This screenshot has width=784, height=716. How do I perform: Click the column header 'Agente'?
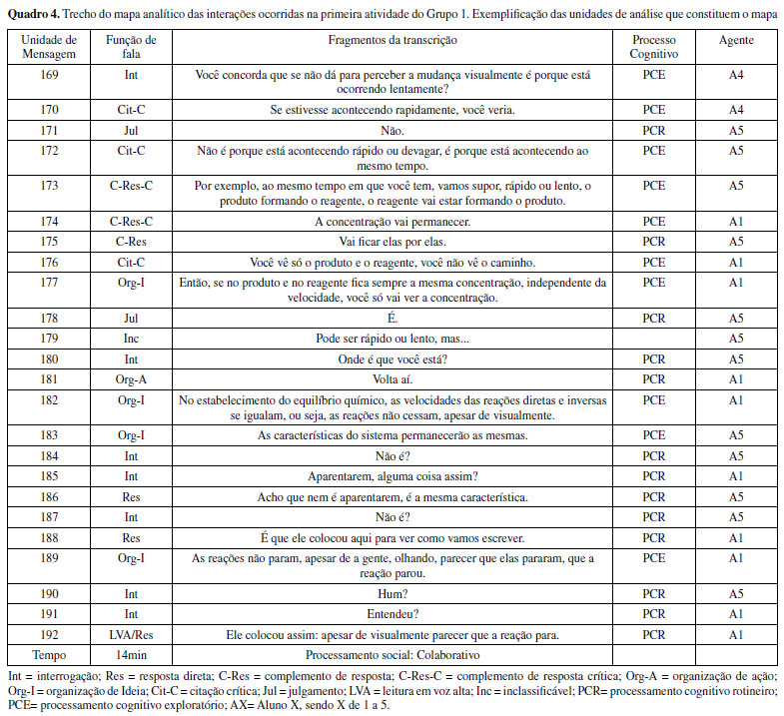tap(736, 40)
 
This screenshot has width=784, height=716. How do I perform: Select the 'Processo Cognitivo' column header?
tap(654, 47)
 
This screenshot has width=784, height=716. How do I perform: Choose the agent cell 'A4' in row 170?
tap(736, 110)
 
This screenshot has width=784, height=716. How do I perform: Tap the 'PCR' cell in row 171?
tap(654, 130)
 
